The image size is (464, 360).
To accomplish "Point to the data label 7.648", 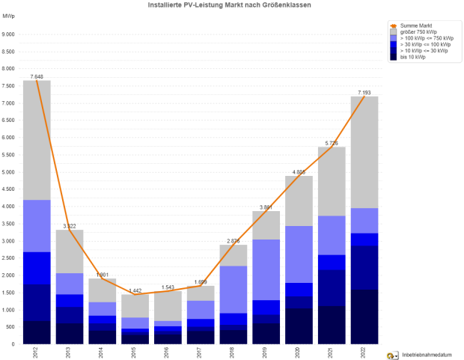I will pos(37,76).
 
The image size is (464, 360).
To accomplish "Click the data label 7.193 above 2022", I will pos(364,92).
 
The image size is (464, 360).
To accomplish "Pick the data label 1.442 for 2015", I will pos(135,290).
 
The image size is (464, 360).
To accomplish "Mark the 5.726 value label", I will pos(332,142).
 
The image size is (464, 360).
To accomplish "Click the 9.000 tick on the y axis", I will pos(8,34).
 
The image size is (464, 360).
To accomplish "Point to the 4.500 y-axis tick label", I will pos(8,189).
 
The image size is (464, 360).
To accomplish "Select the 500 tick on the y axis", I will pos(10,327).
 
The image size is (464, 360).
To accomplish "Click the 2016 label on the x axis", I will pos(168,353).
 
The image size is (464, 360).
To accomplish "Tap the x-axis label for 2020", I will pos(299,353).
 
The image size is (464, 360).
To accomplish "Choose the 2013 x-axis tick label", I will pos(70,353).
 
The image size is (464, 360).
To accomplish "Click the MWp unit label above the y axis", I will pos(7,15).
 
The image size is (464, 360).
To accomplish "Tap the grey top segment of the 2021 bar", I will pos(332,181).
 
